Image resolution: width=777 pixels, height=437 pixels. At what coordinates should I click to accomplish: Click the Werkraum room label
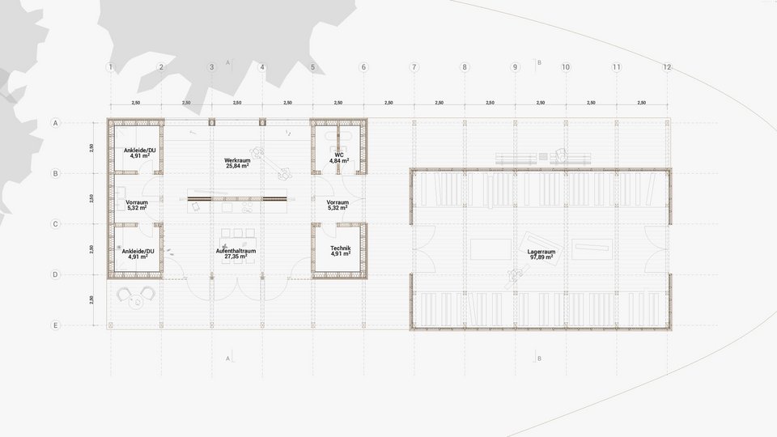pyautogui.click(x=236, y=161)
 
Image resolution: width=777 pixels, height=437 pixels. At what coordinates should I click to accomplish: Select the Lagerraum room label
pyautogui.click(x=541, y=252)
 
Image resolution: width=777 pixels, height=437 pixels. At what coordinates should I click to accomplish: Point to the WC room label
pyautogui.click(x=339, y=154)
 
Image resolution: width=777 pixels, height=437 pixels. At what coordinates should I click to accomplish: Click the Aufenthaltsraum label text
pyautogui.click(x=236, y=252)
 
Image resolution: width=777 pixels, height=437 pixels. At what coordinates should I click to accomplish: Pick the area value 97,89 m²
pyautogui.click(x=541, y=259)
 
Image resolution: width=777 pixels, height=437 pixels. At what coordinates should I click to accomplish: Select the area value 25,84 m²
pyautogui.click(x=236, y=168)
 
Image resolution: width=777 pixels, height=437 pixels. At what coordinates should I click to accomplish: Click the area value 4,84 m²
pyautogui.click(x=339, y=161)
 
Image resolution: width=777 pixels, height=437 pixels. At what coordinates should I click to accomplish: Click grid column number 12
pyautogui.click(x=666, y=66)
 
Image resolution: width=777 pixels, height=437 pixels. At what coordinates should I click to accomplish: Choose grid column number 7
pyautogui.click(x=414, y=66)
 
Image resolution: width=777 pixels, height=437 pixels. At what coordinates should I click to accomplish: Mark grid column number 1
pyautogui.click(x=110, y=66)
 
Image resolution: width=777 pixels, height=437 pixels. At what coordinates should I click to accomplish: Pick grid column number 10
pyautogui.click(x=565, y=66)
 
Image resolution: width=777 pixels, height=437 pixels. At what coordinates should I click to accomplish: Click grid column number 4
pyautogui.click(x=262, y=66)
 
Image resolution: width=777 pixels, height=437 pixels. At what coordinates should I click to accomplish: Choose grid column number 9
pyautogui.click(x=515, y=66)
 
